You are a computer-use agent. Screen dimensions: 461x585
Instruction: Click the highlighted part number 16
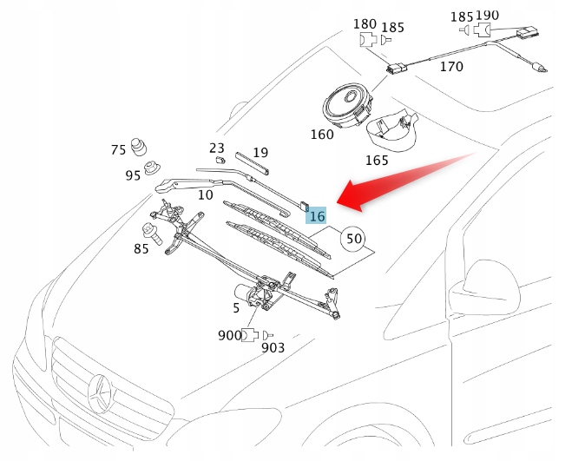coord(317,215)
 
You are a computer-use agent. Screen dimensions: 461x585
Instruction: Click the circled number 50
coord(353,238)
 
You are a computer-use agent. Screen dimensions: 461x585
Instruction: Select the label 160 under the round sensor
coord(321,135)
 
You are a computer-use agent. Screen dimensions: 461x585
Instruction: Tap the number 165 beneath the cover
coord(377,161)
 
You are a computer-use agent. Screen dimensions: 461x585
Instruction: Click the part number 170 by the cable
coord(451,65)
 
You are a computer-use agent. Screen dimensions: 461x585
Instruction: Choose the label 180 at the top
coord(365,23)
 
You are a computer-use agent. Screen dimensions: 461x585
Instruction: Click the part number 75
coord(119,150)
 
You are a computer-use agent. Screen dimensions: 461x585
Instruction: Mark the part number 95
coord(133,175)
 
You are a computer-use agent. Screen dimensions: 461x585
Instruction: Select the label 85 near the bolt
coord(141,249)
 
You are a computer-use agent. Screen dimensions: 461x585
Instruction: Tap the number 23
coord(217,148)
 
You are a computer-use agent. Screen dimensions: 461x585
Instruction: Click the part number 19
coord(260,153)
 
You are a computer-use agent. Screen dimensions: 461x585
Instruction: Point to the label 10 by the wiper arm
coord(205,194)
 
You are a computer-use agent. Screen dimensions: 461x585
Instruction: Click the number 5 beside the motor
coord(235,307)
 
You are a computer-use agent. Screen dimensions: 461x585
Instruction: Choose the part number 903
coord(273,348)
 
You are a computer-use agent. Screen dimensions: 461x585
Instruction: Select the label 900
coord(230,335)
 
